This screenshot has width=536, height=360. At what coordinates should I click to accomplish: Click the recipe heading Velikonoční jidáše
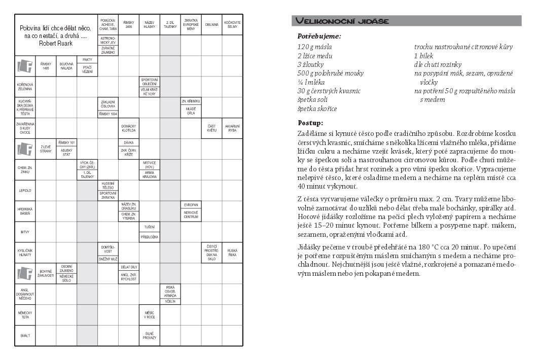[x=342, y=21]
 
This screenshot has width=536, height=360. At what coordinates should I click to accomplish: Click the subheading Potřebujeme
[x=319, y=37]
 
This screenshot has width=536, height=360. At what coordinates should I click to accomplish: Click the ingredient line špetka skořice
[x=317, y=109]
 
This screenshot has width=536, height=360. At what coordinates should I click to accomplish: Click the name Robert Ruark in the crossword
[x=56, y=44]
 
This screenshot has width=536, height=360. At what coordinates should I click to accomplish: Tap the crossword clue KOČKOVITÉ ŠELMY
[x=232, y=24]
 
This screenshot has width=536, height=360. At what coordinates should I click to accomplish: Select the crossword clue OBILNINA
[x=211, y=24]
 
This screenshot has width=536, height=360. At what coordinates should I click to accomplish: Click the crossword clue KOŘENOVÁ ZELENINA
[x=25, y=87]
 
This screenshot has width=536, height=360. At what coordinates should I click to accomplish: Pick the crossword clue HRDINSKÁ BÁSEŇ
[x=25, y=211]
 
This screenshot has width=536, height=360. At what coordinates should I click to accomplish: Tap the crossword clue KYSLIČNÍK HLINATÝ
[x=25, y=253]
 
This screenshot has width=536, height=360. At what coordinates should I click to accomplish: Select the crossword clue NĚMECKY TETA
[x=25, y=315]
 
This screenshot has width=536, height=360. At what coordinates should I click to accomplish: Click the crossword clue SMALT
[x=24, y=336]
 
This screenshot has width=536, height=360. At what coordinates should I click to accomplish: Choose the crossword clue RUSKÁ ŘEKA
[x=232, y=253]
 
